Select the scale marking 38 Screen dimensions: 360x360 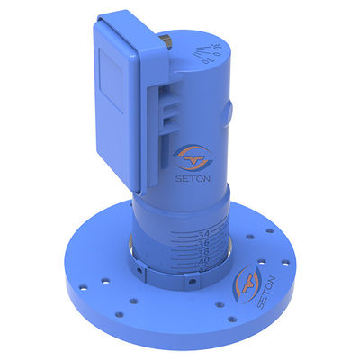[x=204, y=251]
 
